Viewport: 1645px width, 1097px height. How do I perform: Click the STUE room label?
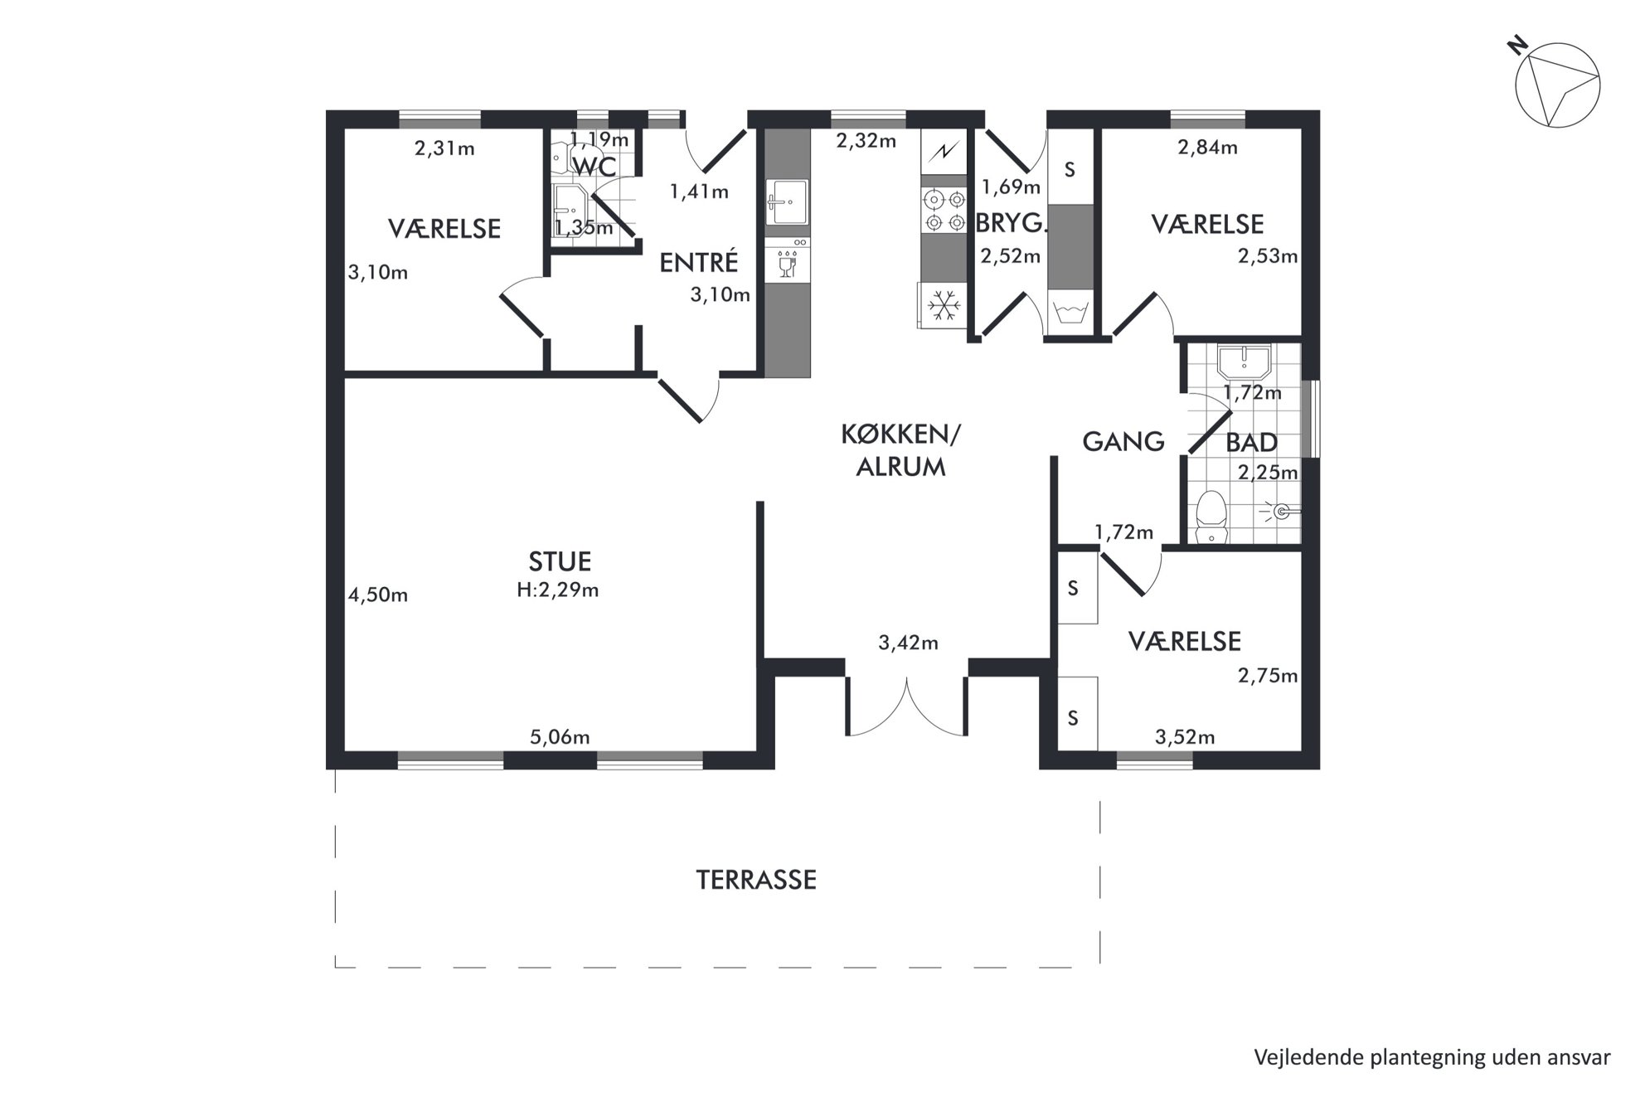(560, 561)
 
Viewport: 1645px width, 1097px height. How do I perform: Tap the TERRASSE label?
(756, 880)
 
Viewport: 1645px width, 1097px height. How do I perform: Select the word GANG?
(1123, 441)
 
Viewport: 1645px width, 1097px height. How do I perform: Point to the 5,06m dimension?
(560, 737)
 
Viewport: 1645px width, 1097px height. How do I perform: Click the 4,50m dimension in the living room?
(378, 595)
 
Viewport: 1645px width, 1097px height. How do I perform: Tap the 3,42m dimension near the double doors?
(908, 643)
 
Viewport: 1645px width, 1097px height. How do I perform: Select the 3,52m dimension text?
(1185, 737)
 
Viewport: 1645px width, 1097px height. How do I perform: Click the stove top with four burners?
(945, 211)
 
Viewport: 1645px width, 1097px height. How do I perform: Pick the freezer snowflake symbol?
(944, 305)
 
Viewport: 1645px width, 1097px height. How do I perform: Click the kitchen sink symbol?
(787, 201)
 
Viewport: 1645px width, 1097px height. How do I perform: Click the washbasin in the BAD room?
(1244, 362)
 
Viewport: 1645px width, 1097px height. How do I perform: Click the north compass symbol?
(1556, 86)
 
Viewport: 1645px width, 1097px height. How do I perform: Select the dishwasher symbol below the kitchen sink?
(787, 260)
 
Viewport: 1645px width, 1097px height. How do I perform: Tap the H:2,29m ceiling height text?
(558, 590)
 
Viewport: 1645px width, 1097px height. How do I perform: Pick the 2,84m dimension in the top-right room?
(1207, 148)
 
